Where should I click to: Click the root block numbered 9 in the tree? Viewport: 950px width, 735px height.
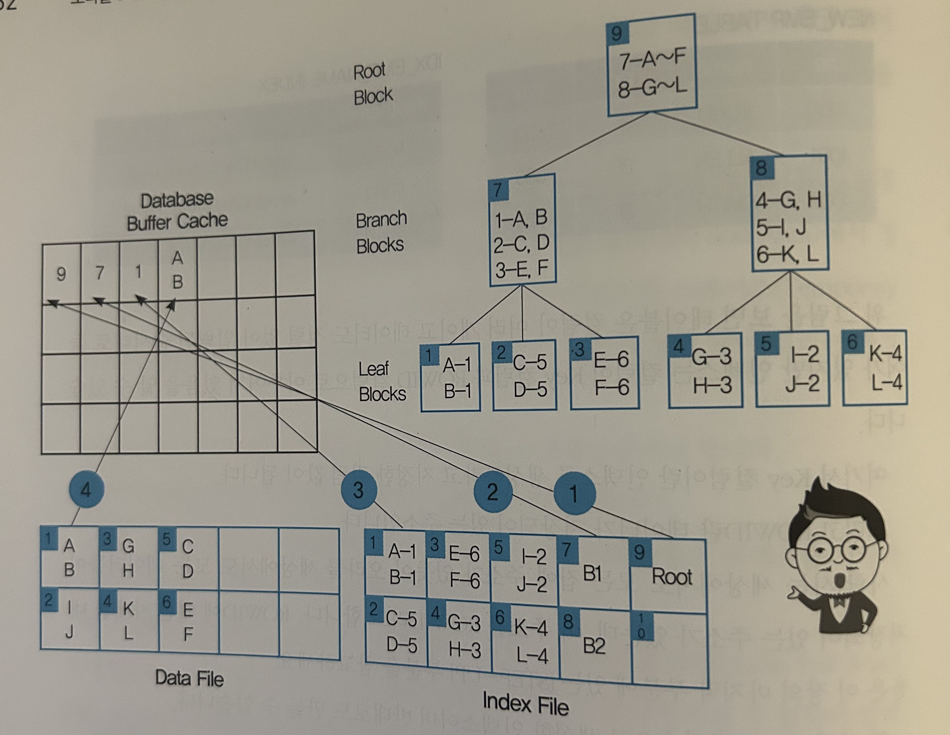651,66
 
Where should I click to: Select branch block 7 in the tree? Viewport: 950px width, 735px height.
522,231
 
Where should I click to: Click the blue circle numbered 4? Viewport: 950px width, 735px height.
86,490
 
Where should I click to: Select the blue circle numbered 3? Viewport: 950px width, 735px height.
358,490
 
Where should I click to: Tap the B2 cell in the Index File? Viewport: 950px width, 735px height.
594,644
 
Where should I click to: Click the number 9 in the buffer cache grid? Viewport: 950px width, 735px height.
61,274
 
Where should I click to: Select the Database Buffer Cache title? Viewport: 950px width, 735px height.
177,211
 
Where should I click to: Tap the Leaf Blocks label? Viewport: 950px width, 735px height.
381,381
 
